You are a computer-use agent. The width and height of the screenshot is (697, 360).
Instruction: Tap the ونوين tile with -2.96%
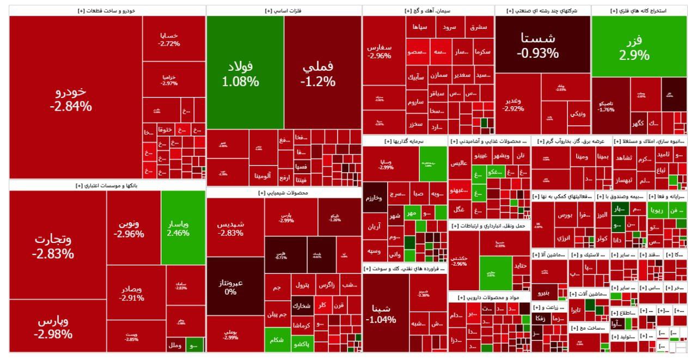(129, 229)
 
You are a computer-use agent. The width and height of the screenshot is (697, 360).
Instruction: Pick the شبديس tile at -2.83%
(230, 228)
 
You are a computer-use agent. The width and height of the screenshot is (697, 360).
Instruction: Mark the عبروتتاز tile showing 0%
(230, 286)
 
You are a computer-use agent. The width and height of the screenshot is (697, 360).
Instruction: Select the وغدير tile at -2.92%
(513, 104)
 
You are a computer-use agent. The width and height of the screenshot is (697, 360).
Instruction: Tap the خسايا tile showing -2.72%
(169, 39)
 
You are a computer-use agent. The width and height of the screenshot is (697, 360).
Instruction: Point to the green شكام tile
(277, 340)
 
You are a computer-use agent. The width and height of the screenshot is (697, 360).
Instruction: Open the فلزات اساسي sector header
(284, 11)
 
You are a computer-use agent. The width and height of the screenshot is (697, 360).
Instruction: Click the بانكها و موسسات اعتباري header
(107, 186)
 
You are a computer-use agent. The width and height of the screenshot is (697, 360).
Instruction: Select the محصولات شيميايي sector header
(284, 193)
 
